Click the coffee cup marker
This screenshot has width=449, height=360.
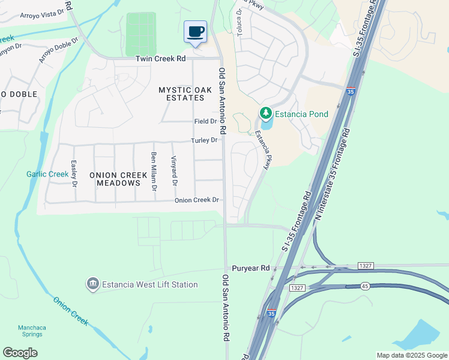click(x=195, y=31)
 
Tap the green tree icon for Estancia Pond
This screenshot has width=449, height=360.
click(x=265, y=113)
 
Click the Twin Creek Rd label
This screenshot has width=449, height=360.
click(x=160, y=59)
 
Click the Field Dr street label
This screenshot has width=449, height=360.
click(x=205, y=121)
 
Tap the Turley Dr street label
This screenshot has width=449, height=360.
click(x=204, y=140)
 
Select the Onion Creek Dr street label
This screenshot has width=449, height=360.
click(x=196, y=200)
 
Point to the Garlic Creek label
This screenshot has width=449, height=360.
click(x=47, y=175)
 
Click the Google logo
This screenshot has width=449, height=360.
click(x=20, y=353)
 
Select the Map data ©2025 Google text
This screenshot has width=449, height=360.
click(x=411, y=355)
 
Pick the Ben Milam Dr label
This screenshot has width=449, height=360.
click(x=154, y=172)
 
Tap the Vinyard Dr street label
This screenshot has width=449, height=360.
click(x=175, y=172)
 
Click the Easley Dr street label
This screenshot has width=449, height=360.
click(x=74, y=173)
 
